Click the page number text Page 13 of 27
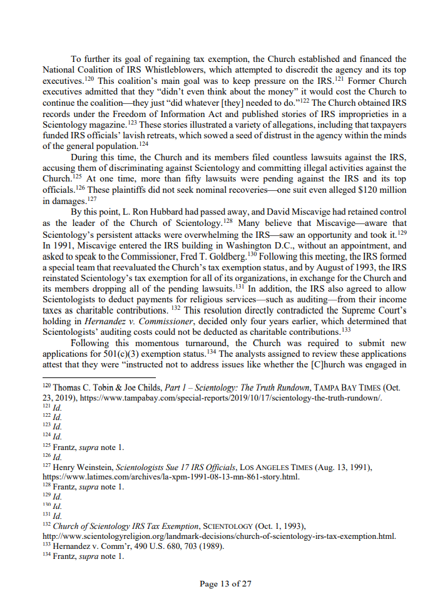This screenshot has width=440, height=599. pyautogui.click(x=225, y=584)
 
